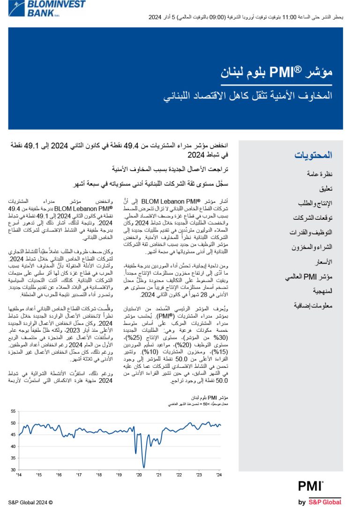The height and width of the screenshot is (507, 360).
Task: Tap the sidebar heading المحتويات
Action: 313,155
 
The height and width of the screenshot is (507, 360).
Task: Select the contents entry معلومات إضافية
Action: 312,306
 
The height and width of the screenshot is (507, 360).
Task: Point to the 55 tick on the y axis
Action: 13,411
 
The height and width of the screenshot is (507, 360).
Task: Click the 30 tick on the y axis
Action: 13,470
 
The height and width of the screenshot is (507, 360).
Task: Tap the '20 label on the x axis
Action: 139,475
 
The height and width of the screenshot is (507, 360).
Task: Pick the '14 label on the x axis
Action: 19,475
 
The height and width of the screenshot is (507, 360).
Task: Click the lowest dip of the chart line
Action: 144,467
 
